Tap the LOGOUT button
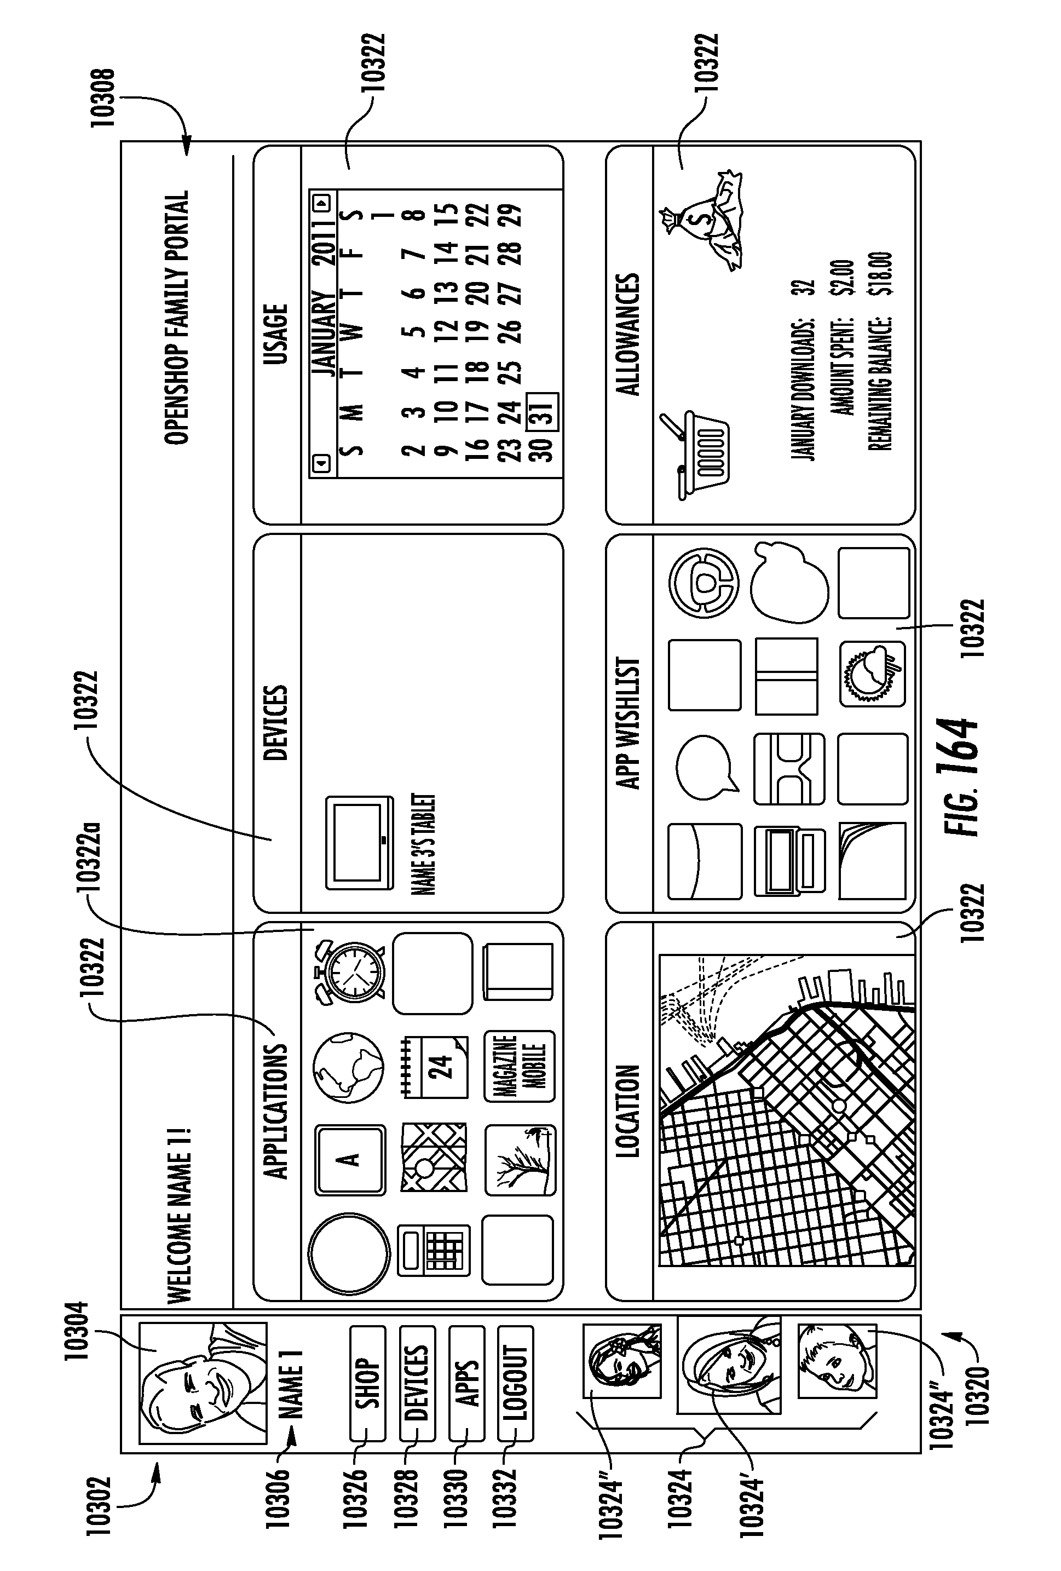pyautogui.click(x=516, y=1383)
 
